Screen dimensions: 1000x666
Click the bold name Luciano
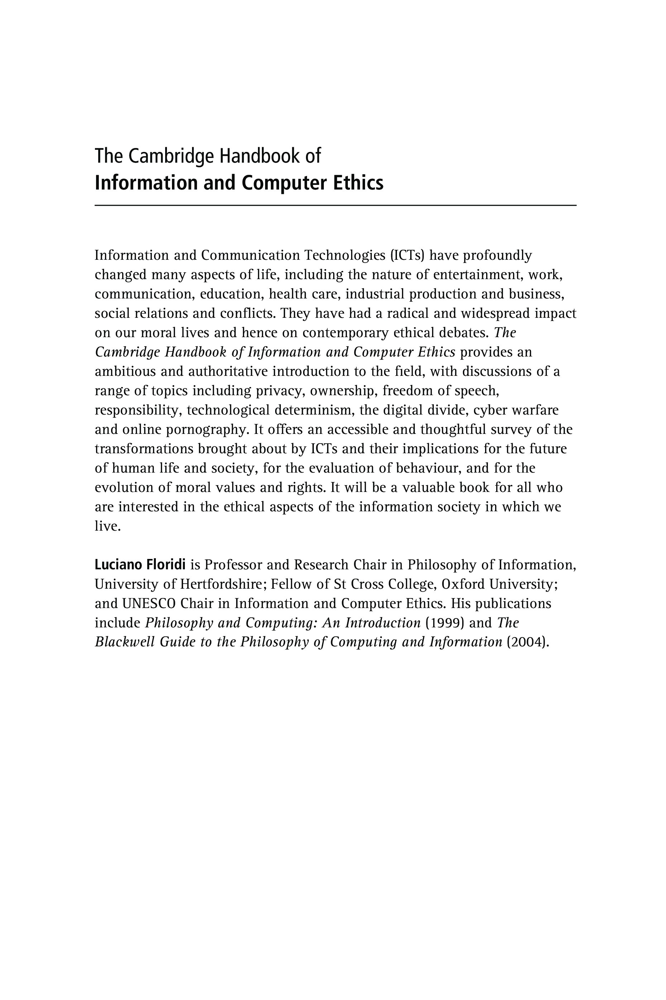point(118,565)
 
